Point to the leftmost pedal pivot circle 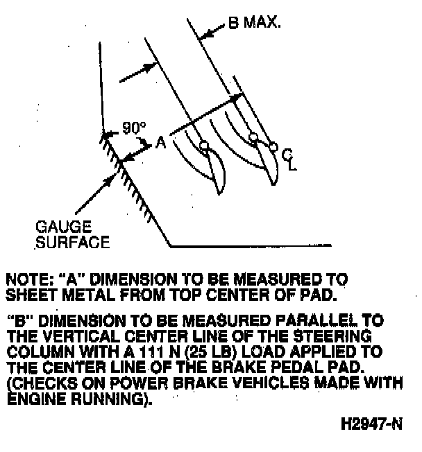pos(203,145)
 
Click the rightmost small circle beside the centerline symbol pos(273,147)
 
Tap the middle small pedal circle pos(253,136)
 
